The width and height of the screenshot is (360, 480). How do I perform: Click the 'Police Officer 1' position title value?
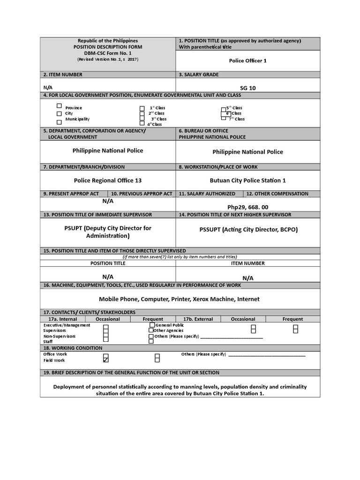(247, 61)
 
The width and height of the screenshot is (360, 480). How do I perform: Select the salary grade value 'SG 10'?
(247, 88)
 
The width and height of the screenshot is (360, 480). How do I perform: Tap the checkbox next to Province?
(59, 106)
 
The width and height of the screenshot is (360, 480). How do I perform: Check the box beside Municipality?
(59, 122)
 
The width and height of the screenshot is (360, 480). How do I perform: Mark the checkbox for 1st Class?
(142, 108)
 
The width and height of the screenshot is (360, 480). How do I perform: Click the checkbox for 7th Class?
(224, 118)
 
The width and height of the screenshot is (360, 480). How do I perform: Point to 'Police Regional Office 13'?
(107, 180)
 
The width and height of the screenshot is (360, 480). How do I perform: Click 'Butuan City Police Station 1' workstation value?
(247, 180)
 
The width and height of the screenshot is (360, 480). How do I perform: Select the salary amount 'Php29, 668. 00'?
(247, 207)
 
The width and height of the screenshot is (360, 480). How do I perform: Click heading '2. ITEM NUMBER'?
(63, 75)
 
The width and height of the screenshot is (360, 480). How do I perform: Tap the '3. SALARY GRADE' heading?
(198, 75)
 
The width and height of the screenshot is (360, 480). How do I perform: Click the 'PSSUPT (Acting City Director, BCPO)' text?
(248, 230)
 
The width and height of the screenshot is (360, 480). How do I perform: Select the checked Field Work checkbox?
(105, 360)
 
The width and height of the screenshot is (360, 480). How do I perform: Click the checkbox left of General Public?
(152, 325)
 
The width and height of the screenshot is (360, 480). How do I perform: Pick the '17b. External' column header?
(198, 319)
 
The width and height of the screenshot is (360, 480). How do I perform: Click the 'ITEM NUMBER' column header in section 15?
(247, 263)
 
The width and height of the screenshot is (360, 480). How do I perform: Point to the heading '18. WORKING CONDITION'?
(73, 348)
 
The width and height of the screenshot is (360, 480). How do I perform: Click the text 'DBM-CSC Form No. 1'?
(107, 53)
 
